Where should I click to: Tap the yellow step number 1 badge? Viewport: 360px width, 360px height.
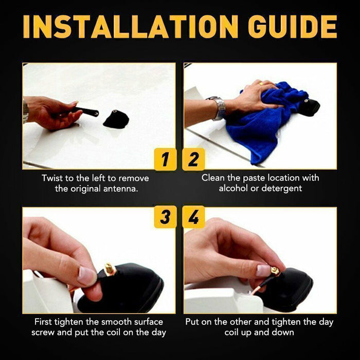pyautogui.click(x=165, y=159)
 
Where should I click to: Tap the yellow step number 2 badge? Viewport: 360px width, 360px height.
pyautogui.click(x=193, y=159)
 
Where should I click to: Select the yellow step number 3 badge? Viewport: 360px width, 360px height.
pyautogui.click(x=165, y=217)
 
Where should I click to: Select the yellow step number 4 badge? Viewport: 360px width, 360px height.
pyautogui.click(x=193, y=217)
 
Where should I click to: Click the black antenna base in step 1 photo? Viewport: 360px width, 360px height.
pyautogui.click(x=116, y=119)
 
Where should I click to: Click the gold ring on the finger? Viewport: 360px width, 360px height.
pyautogui.click(x=261, y=82)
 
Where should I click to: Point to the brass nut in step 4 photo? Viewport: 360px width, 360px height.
pyautogui.click(x=276, y=270)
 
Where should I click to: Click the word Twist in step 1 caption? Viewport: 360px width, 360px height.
pyautogui.click(x=53, y=178)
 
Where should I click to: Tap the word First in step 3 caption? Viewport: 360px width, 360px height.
pyautogui.click(x=45, y=322)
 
